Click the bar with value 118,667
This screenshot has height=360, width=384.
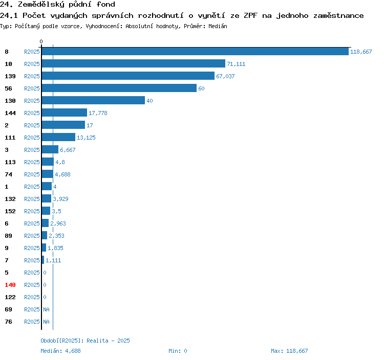(195, 51)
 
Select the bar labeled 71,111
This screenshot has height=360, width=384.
(134, 63)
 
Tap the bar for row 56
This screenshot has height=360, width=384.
(119, 88)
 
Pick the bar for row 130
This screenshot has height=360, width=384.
(93, 100)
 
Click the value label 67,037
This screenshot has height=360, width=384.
(225, 76)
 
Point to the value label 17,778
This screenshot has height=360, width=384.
(98, 113)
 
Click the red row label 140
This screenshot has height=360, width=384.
(10, 285)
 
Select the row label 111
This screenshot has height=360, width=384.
(10, 138)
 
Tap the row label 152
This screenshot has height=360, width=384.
(10, 211)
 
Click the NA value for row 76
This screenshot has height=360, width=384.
(46, 322)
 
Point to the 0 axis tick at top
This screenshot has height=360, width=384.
(41, 41)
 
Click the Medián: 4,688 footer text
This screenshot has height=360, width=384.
(60, 351)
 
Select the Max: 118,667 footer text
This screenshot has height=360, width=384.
(289, 351)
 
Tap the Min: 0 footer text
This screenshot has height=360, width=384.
(178, 351)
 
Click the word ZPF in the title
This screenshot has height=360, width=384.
(250, 16)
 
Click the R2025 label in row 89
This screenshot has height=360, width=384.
(32, 236)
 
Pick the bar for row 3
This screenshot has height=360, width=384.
(50, 149)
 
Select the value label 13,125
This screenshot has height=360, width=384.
(86, 138)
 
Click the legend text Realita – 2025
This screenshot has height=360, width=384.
(108, 341)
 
